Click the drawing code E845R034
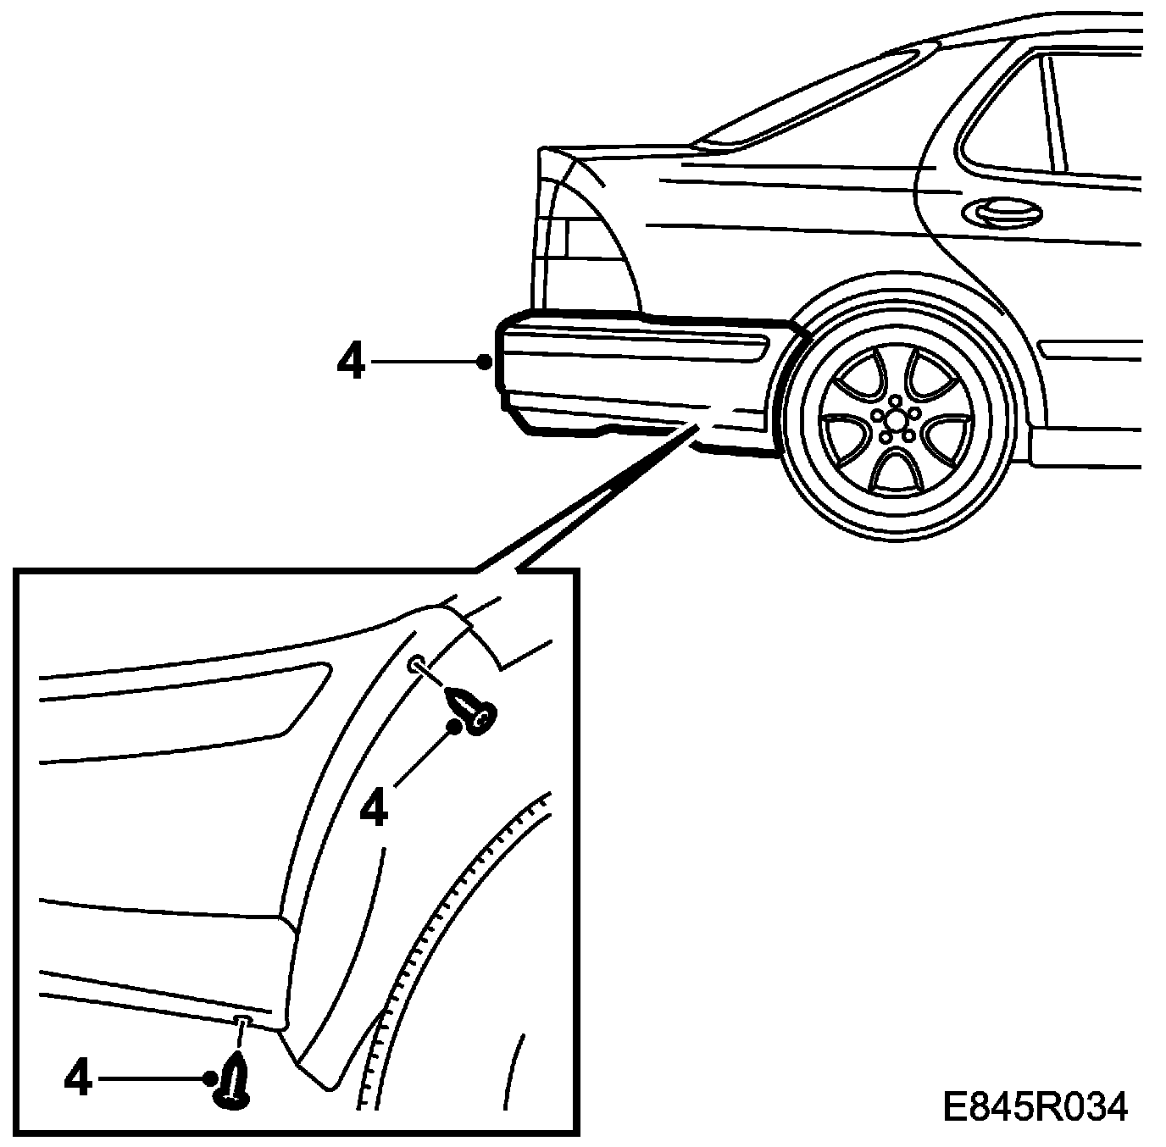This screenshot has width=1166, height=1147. coord(1036,1107)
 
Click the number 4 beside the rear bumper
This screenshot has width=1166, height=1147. coord(351,363)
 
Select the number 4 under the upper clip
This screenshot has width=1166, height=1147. coord(374,809)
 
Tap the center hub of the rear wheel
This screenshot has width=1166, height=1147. coord(894,419)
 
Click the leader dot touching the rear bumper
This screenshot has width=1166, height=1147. coord(484,362)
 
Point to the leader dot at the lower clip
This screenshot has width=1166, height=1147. coord(210,1078)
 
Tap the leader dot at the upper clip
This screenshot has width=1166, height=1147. coord(456,726)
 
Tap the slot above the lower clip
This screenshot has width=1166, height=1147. coord(242,1017)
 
